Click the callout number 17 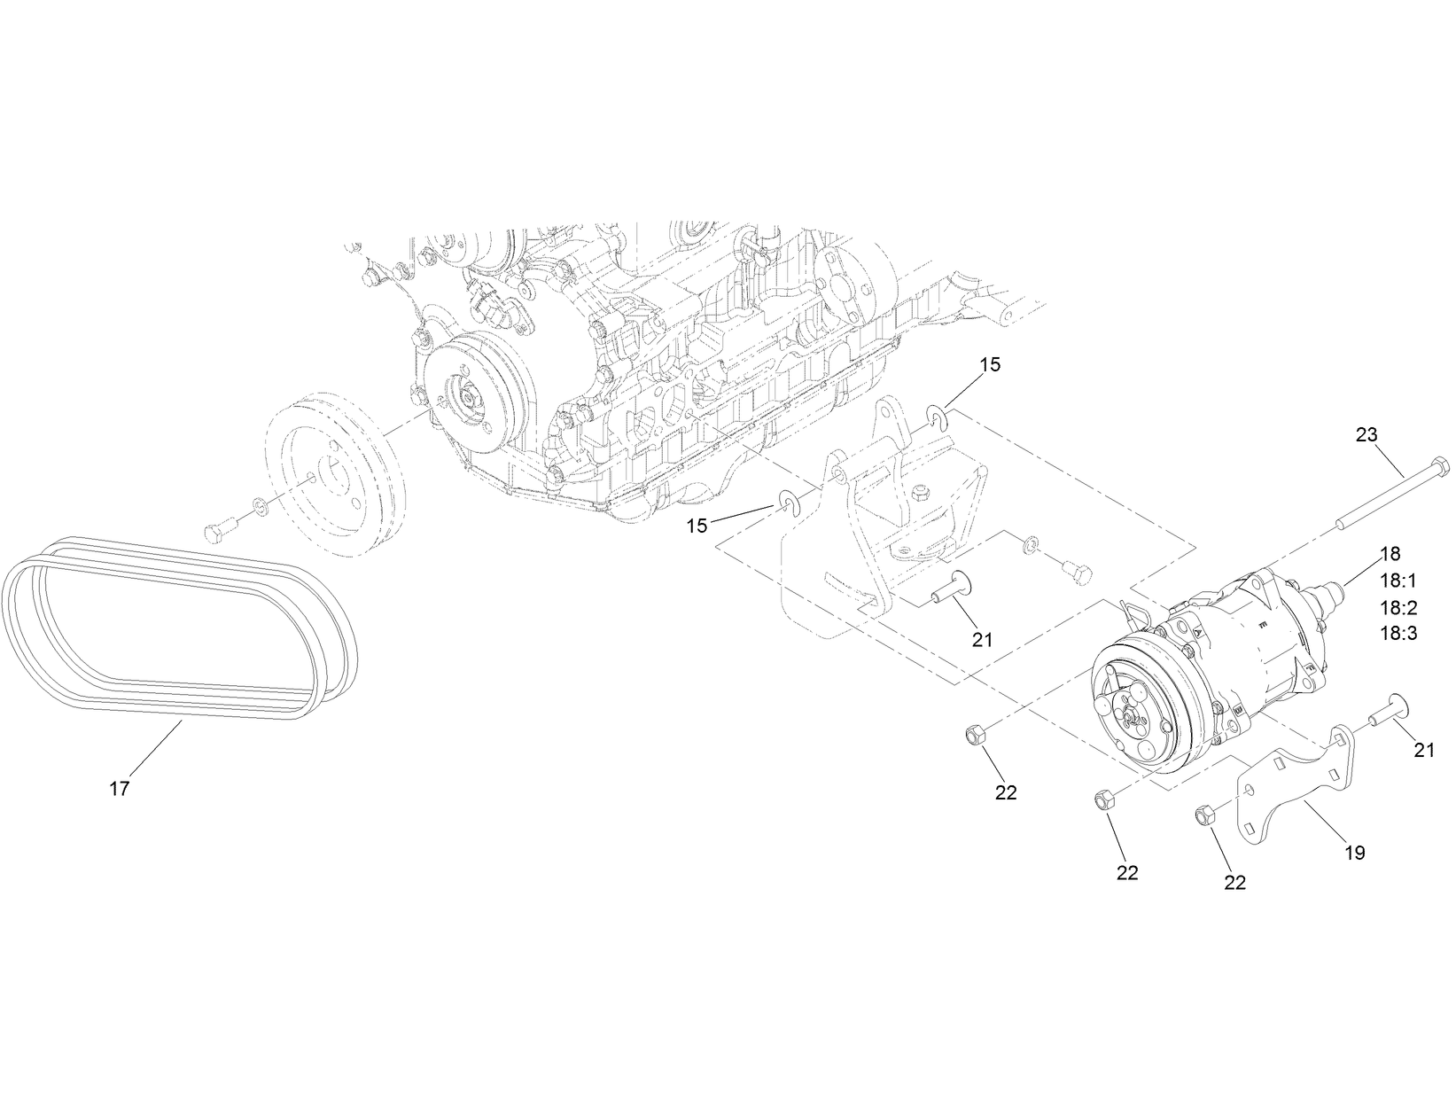[120, 788]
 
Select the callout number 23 [1366, 434]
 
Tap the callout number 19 [1354, 854]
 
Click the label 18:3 [1398, 634]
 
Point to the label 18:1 [1398, 581]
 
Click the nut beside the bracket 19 [1204, 813]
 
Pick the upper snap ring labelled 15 [938, 417]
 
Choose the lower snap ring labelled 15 [788, 502]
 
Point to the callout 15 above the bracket [990, 364]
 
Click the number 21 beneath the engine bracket [982, 638]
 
